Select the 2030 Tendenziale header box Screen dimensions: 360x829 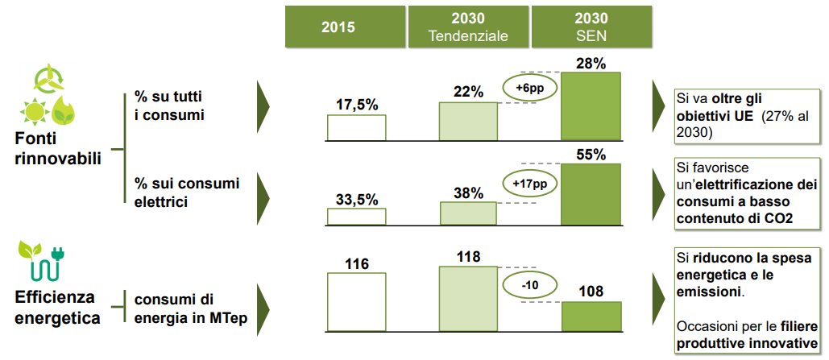point(468,26)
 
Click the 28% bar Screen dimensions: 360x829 point(591,106)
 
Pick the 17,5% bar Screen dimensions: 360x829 point(356,127)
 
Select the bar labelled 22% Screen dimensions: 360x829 point(468,121)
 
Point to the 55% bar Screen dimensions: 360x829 point(591,193)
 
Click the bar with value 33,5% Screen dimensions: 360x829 point(356,216)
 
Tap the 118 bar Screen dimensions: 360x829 point(468,298)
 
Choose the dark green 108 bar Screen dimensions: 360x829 point(591,316)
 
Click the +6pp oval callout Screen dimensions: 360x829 point(529,88)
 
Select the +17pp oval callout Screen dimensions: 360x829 point(529,184)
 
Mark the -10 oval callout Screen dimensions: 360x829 point(529,284)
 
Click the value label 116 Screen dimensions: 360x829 point(355,263)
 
